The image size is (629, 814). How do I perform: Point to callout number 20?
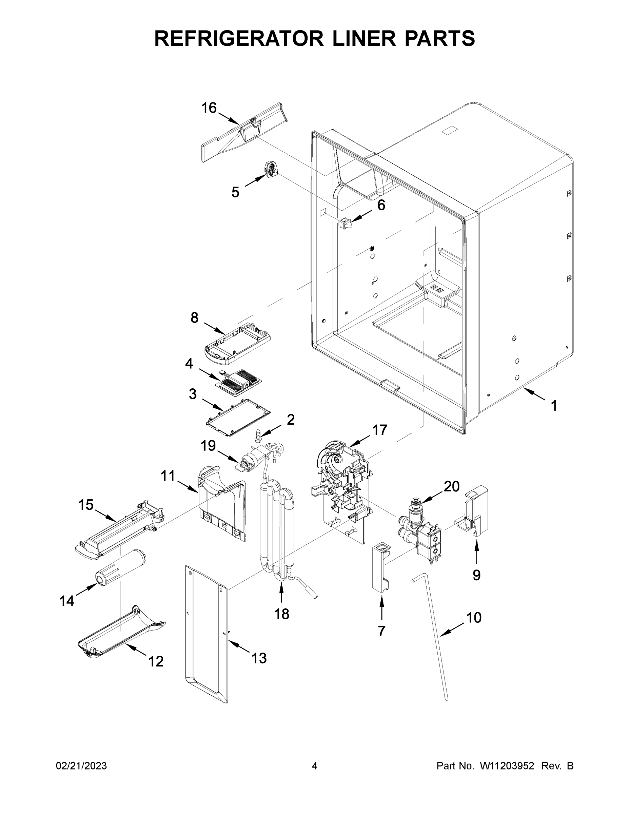coord(451,486)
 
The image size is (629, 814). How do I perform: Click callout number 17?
coord(379,430)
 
